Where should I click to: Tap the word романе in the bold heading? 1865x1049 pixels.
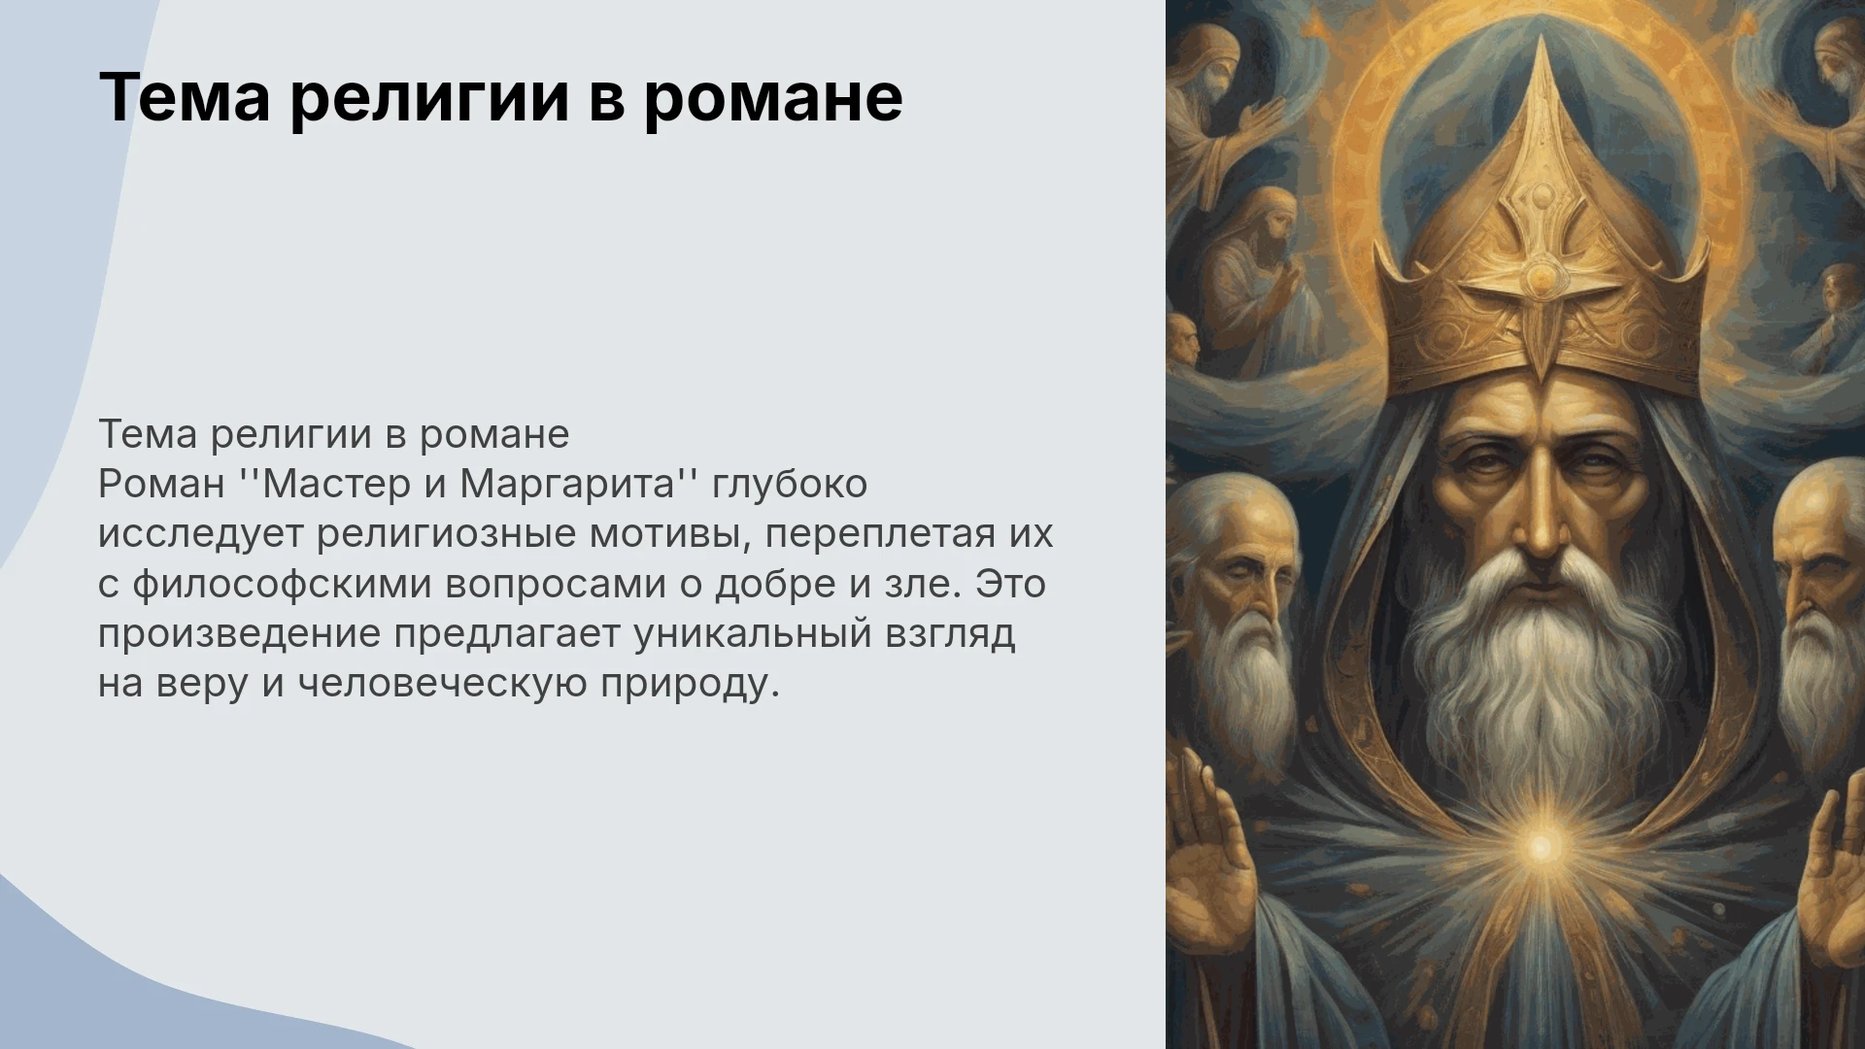(773, 100)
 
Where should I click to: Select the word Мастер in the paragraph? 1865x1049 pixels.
(336, 484)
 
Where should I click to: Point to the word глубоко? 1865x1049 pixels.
(790, 485)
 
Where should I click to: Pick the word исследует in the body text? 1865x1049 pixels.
(201, 535)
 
